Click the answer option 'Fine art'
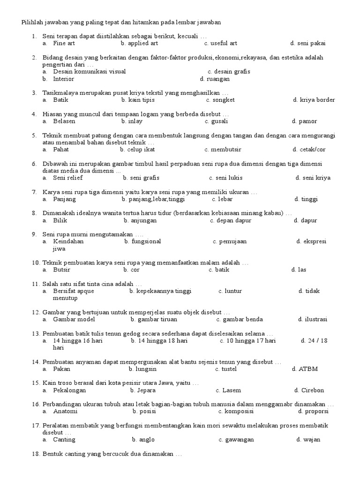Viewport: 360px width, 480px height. pos(64,43)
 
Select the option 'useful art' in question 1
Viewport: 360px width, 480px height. pos(224,43)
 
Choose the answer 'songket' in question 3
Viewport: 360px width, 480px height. pos(224,100)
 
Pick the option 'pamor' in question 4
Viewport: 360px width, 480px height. pos(307,121)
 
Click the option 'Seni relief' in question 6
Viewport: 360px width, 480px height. pos(68,178)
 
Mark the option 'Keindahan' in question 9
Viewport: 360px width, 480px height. pos(68,241)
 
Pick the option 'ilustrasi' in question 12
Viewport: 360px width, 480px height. pos(315,320)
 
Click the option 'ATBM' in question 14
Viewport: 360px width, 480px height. pos(307,369)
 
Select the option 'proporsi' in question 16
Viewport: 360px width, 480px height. pos(315,411)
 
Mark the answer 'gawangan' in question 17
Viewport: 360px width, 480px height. pos(239,440)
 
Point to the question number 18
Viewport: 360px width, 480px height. pos(36,454)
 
